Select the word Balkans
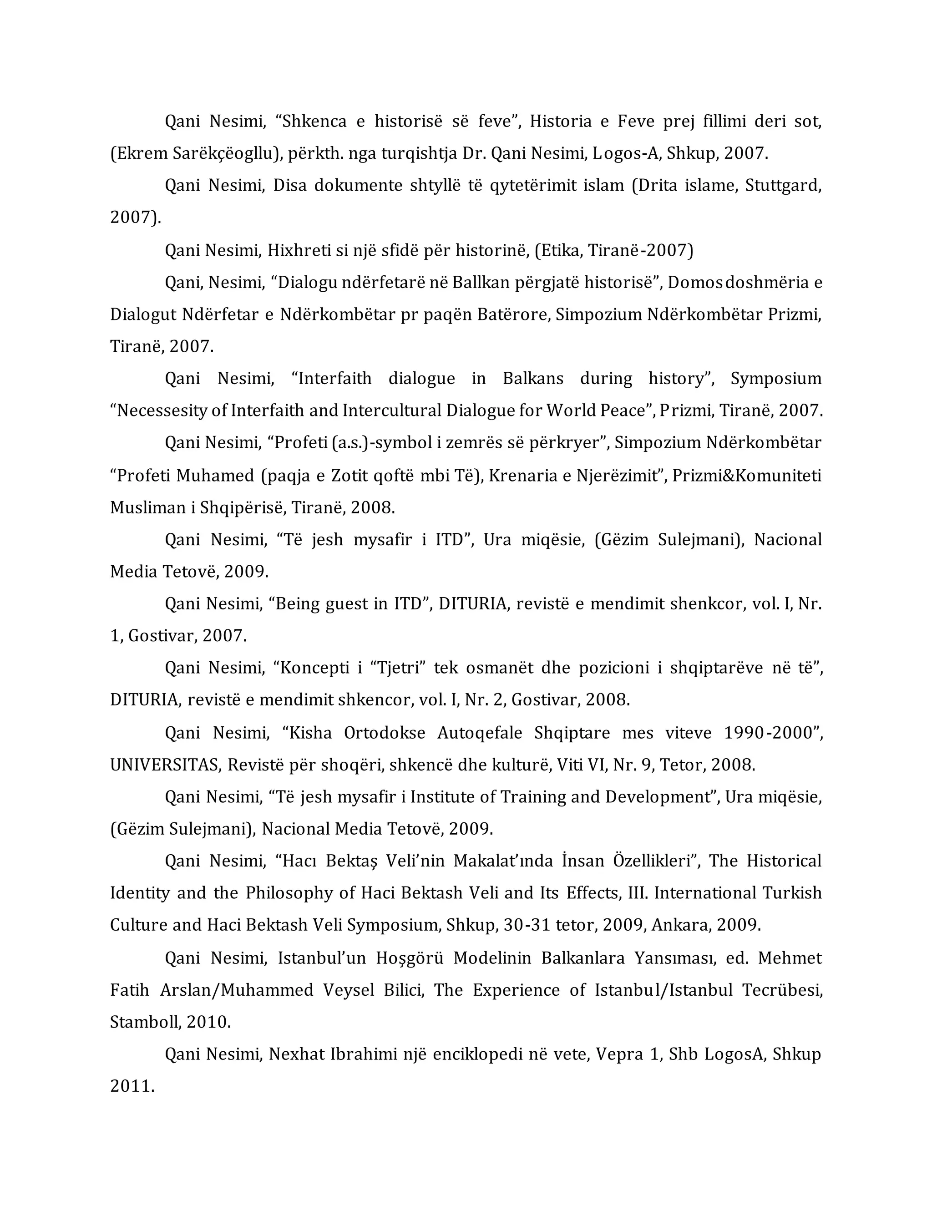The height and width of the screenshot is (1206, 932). (x=533, y=379)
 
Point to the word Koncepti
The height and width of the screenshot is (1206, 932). (x=315, y=668)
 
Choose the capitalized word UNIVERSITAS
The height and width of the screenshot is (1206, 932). (x=166, y=765)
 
